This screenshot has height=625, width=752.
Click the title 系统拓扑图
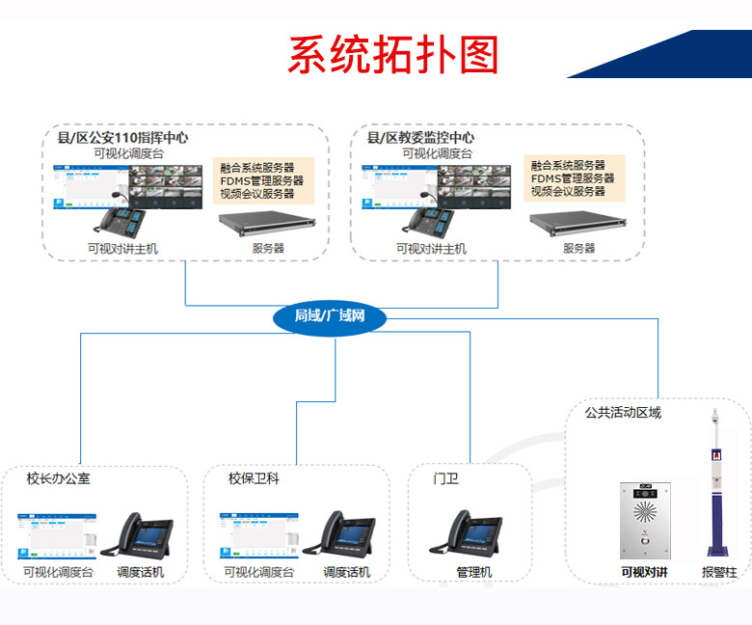pos(393,55)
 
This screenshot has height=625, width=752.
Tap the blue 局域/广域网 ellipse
pos(330,316)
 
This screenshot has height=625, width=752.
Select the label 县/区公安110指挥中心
pos(122,138)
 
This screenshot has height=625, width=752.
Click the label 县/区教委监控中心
pos(420,138)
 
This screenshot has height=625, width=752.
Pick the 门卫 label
pos(446,478)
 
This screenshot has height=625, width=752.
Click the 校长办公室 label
pos(59,478)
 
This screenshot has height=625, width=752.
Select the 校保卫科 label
pos(254,478)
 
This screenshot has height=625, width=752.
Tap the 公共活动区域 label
pos(623,413)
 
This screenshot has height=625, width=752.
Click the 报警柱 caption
pos(718,572)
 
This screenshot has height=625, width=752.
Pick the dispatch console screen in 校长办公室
pos(57,535)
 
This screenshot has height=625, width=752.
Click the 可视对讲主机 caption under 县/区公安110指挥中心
pos(121,249)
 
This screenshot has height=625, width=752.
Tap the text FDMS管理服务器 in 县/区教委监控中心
pos(573,178)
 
